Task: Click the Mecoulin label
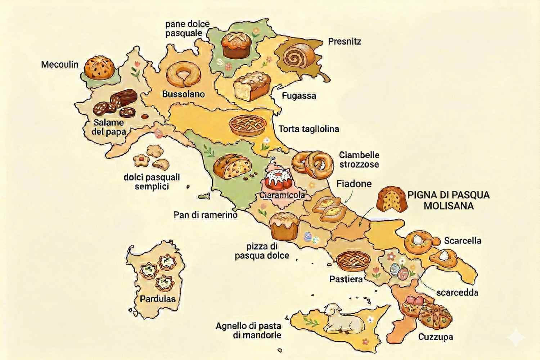pyautogui.click(x=59, y=64)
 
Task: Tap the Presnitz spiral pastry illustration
pyautogui.click(x=295, y=56)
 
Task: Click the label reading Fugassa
pyautogui.click(x=299, y=96)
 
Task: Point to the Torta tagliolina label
pyautogui.click(x=309, y=129)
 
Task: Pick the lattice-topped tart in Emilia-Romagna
pyautogui.click(x=248, y=125)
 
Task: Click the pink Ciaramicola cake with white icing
pyautogui.click(x=279, y=180)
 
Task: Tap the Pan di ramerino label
pyautogui.click(x=206, y=215)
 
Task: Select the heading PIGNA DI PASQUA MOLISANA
pyautogui.click(x=448, y=200)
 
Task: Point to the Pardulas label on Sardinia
pyautogui.click(x=158, y=298)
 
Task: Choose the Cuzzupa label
pyautogui.click(x=435, y=337)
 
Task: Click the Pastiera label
pyautogui.click(x=346, y=279)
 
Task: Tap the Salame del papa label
pyautogui.click(x=108, y=127)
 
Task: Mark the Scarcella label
pyautogui.click(x=463, y=240)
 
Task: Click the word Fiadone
pyautogui.click(x=354, y=184)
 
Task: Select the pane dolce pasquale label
pyautogui.click(x=187, y=28)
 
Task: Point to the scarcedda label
pyautogui.click(x=457, y=292)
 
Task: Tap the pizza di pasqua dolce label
pyautogui.click(x=262, y=251)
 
